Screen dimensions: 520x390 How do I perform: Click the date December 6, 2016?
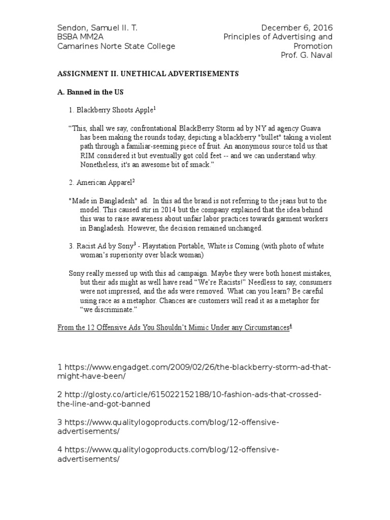point(297,27)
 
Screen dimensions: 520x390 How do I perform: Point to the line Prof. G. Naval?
point(307,55)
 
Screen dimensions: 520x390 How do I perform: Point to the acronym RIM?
point(88,155)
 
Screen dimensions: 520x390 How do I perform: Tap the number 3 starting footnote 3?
point(60,422)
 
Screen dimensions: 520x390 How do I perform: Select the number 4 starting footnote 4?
point(60,450)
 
